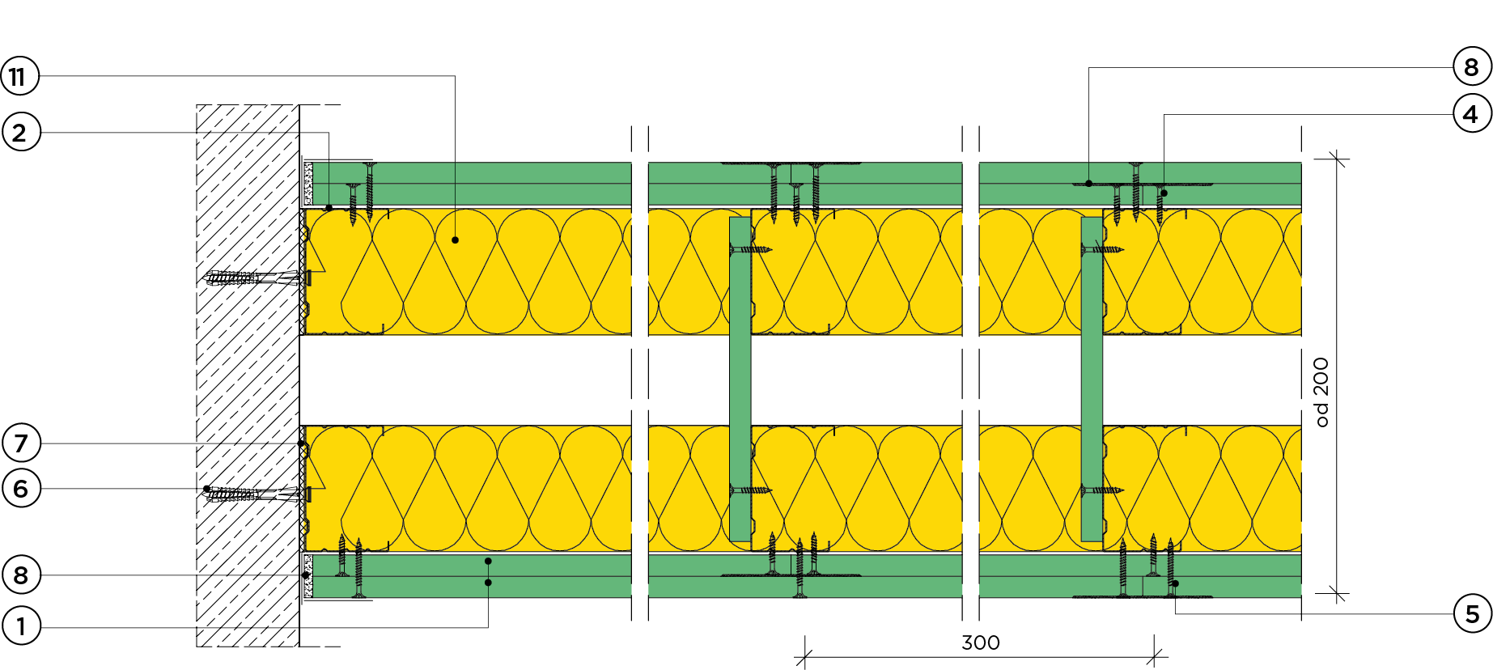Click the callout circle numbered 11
point(19,77)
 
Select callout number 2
point(20,133)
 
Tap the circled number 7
point(20,443)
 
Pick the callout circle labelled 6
point(20,489)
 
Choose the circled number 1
point(20,625)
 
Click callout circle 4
point(1471,114)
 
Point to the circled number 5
point(1472,614)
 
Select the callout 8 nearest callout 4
point(1471,67)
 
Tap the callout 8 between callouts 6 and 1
point(20,575)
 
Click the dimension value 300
point(980,643)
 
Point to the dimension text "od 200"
point(1321,392)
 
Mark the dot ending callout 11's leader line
point(455,240)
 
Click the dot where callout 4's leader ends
point(1164,193)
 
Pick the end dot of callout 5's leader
point(1175,583)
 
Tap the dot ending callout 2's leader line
point(329,208)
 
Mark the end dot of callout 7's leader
point(301,443)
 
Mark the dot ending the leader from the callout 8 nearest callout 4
point(1088,184)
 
